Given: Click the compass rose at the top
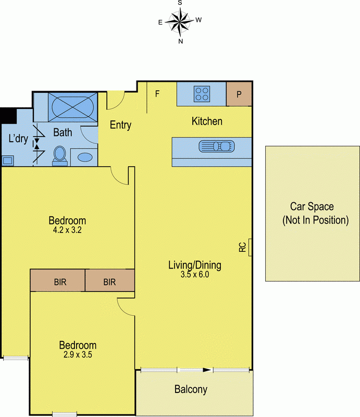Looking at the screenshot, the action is (x=180, y=21).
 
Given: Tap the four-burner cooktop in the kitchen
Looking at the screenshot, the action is (x=202, y=94).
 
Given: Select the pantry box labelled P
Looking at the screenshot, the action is (x=239, y=94).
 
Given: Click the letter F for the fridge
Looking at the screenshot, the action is (x=157, y=94).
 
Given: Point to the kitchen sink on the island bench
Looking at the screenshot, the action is (x=217, y=146).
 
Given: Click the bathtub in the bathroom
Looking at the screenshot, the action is (x=72, y=107).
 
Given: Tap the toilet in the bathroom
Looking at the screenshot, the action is (x=60, y=156).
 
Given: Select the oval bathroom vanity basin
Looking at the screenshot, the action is (x=85, y=157).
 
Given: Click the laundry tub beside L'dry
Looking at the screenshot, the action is (x=8, y=161).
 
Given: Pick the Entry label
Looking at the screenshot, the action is (x=120, y=125).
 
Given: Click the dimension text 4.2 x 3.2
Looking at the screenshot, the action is (x=67, y=230).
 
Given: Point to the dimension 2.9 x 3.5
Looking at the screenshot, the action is (x=78, y=354).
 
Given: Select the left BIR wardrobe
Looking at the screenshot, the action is (x=58, y=280).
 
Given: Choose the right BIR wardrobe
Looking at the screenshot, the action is (x=110, y=280).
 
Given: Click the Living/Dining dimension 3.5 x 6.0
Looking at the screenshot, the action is (x=195, y=274).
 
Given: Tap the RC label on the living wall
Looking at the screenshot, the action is (x=242, y=247).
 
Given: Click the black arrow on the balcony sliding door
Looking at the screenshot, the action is (x=207, y=370).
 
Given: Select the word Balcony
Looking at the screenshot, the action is (x=191, y=389).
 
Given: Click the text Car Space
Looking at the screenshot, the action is (x=312, y=207).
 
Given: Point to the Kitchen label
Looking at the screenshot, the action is (x=207, y=121).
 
